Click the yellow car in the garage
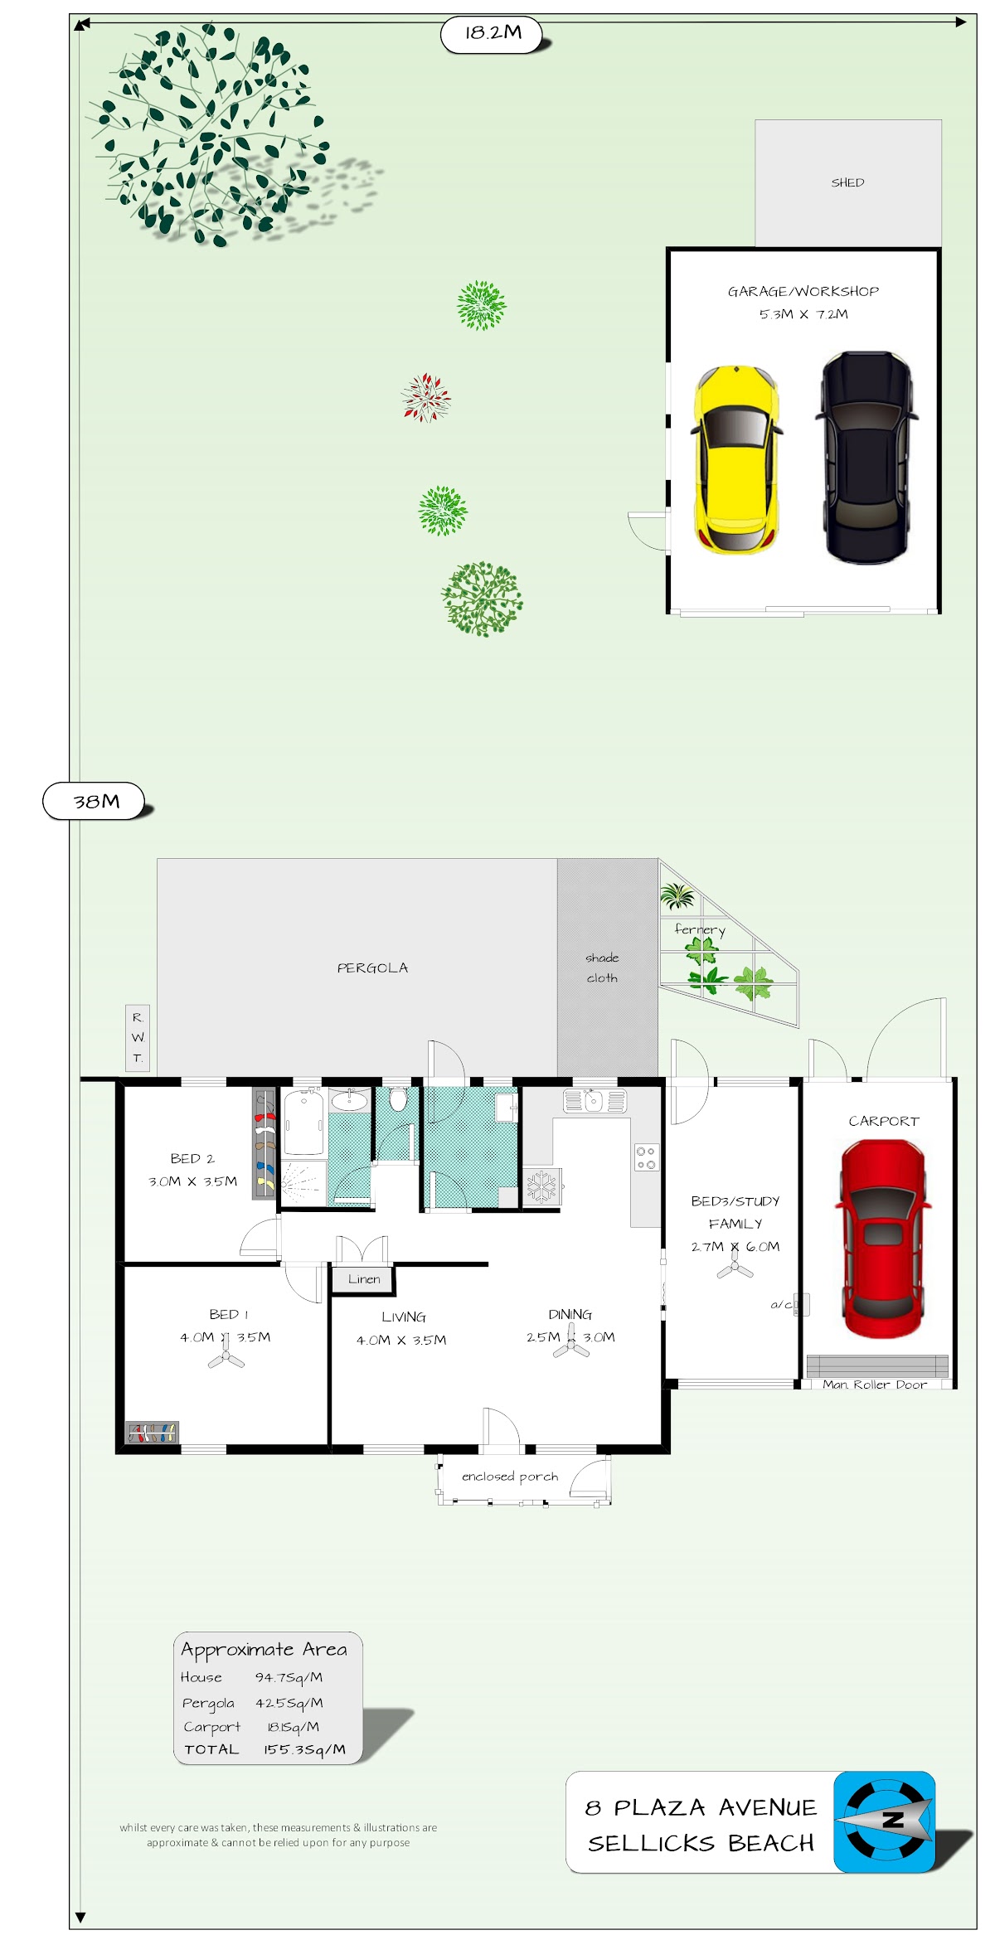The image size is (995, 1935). pyautogui.click(x=736, y=459)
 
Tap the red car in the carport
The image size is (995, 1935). pyautogui.click(x=883, y=1239)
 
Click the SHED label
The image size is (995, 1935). pyautogui.click(x=847, y=182)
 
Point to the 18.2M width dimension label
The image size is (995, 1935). pyautogui.click(x=493, y=33)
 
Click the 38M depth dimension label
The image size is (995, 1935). pyautogui.click(x=95, y=801)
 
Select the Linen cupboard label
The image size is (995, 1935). pyautogui.click(x=364, y=1279)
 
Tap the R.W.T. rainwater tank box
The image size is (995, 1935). pyautogui.click(x=138, y=1038)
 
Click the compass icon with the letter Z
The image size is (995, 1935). pyautogui.click(x=885, y=1821)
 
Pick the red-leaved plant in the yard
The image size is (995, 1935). pyautogui.click(x=426, y=398)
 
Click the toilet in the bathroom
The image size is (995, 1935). pyautogui.click(x=398, y=1099)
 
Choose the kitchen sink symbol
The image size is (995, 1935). pyautogui.click(x=595, y=1101)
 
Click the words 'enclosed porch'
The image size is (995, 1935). pyautogui.click(x=510, y=1477)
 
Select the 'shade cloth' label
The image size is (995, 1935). pyautogui.click(x=602, y=967)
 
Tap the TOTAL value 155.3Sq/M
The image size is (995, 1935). pyautogui.click(x=304, y=1749)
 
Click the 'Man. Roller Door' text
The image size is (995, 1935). pyautogui.click(x=875, y=1384)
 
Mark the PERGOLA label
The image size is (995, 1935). pyautogui.click(x=372, y=967)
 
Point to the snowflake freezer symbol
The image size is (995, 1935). pyautogui.click(x=542, y=1186)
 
